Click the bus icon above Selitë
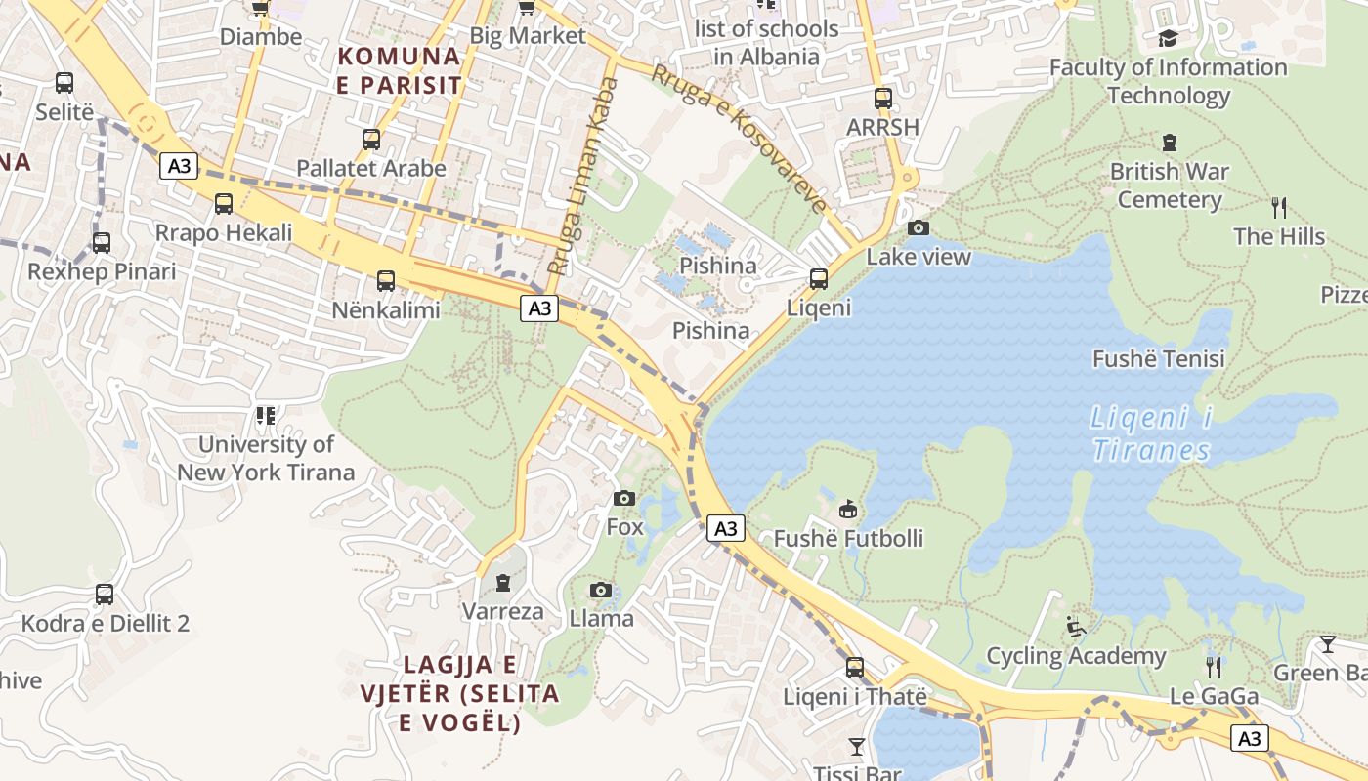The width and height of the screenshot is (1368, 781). [64, 83]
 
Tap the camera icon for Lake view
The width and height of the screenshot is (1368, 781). [919, 227]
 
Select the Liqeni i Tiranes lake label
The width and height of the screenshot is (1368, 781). [1150, 435]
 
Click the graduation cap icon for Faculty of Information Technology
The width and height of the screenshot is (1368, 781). [1168, 39]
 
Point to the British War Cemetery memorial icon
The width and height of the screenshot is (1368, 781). [1170, 143]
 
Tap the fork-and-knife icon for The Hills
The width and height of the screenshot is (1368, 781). [1278, 207]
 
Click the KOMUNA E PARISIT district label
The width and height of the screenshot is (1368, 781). [399, 70]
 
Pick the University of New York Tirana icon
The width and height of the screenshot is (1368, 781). [265, 416]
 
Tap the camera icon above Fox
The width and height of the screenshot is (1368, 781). [624, 499]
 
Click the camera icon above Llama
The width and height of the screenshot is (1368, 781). [601, 590]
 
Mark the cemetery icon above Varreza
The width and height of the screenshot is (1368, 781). [503, 583]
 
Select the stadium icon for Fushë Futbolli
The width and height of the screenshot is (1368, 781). [848, 509]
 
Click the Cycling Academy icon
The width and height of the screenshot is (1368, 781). [1076, 626]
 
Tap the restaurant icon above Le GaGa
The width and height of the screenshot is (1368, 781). [1214, 667]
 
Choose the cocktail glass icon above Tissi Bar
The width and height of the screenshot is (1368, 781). [857, 747]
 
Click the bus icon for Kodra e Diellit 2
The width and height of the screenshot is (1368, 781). [105, 594]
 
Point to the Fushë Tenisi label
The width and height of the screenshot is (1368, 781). [1158, 358]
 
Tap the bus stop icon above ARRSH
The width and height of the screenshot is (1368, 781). [883, 99]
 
